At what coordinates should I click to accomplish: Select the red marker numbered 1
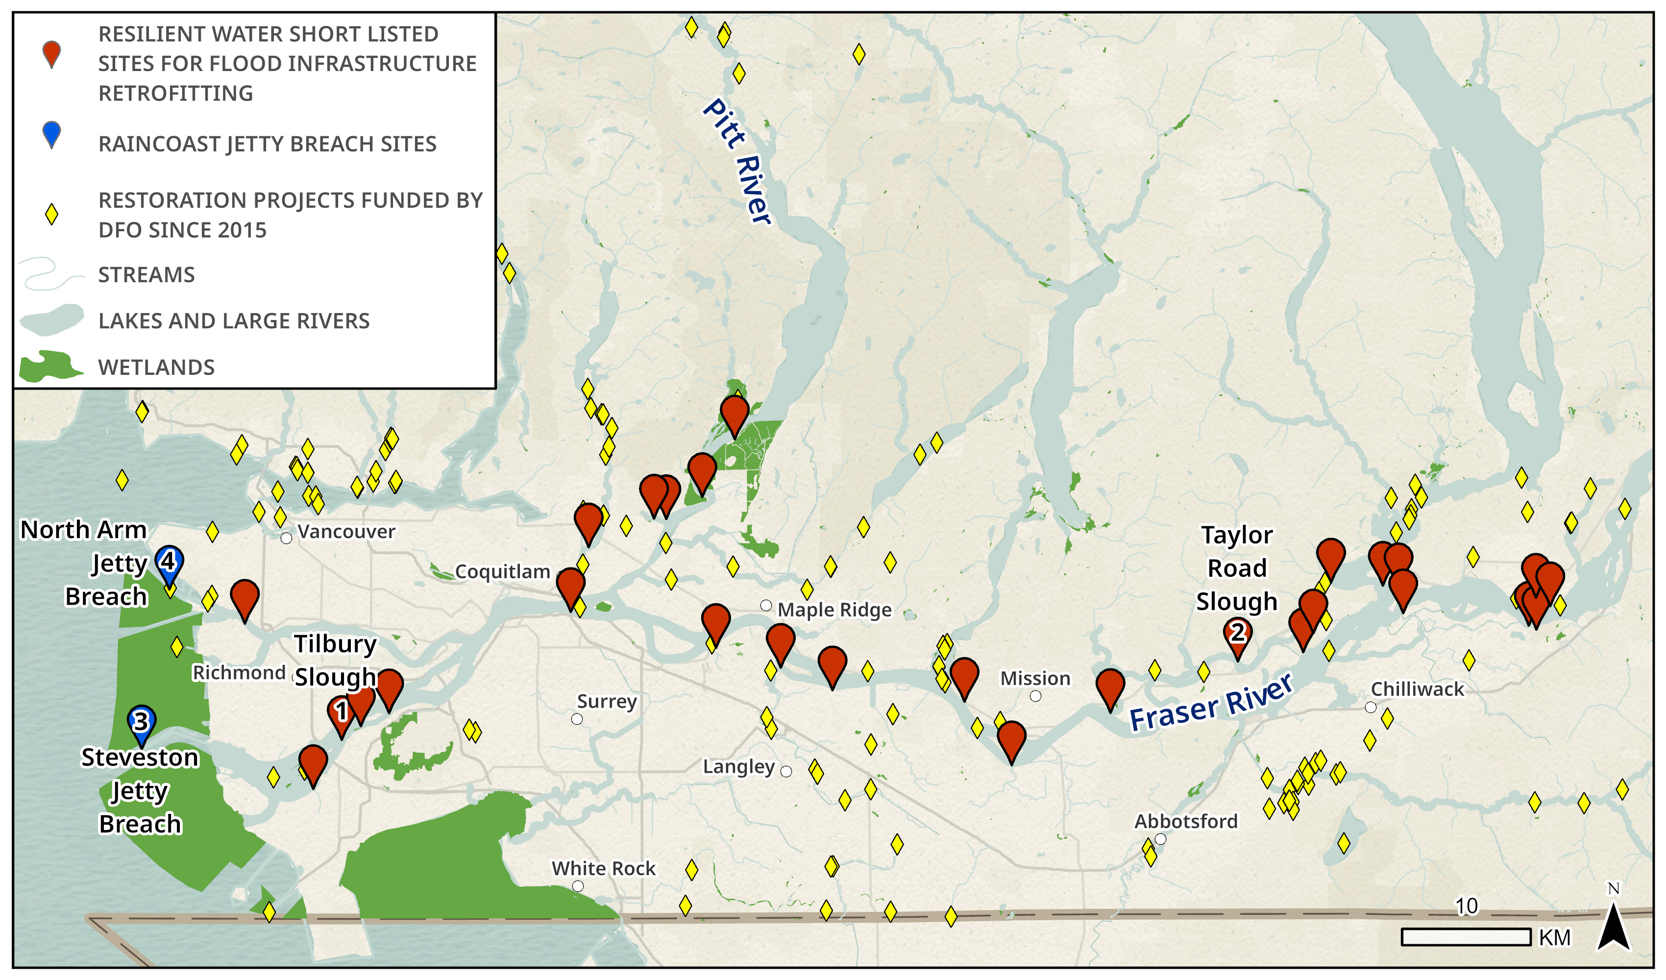341,713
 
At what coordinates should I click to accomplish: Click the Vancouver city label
346,532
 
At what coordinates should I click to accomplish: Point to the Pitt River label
736,161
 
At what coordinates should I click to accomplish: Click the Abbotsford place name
1186,821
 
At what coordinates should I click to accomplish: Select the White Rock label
603,868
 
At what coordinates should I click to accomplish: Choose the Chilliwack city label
1417,689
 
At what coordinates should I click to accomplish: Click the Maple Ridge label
834,610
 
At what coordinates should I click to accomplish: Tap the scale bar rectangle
1466,937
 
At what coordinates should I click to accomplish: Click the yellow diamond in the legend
51,214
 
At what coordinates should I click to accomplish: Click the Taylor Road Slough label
1236,568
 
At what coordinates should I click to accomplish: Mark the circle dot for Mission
1035,696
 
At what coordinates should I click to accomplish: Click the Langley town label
738,767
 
